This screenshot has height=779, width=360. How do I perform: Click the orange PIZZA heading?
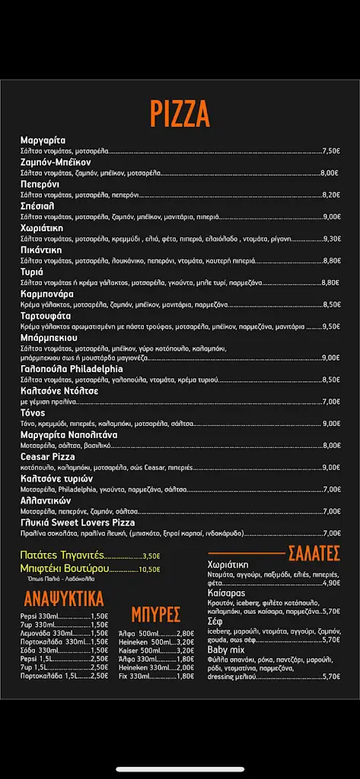click(180, 114)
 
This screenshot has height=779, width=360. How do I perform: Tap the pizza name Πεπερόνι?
click(40, 184)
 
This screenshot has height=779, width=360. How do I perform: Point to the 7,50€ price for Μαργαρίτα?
click(331, 151)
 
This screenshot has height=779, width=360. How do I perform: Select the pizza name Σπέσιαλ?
click(37, 206)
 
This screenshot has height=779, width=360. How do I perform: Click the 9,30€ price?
click(332, 239)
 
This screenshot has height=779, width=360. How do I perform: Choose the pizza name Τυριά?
click(32, 272)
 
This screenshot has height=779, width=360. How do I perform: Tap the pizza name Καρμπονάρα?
click(46, 294)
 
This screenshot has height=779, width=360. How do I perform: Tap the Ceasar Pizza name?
click(47, 456)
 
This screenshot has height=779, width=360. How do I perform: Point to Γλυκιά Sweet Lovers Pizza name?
click(78, 523)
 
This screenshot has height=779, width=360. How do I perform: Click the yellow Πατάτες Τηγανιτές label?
click(62, 555)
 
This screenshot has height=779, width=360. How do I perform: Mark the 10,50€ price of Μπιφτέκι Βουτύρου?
click(150, 569)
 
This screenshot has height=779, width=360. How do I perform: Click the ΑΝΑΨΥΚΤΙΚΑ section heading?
click(64, 598)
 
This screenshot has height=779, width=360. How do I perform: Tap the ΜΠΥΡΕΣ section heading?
click(155, 614)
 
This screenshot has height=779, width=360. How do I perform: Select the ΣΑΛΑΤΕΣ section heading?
click(313, 553)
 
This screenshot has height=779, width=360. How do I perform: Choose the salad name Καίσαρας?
click(226, 593)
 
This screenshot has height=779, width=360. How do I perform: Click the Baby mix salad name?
click(226, 650)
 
